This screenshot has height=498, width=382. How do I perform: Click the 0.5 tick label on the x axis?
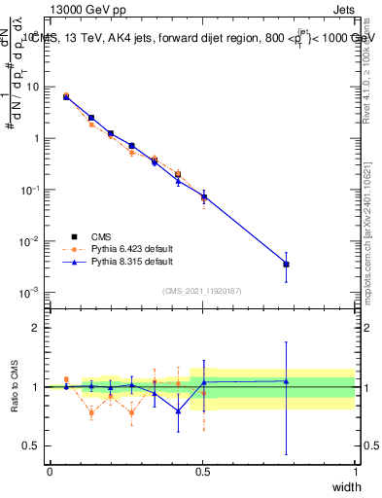pyautogui.click(x=202, y=471)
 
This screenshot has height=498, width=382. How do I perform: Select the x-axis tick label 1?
pyautogui.click(x=355, y=471)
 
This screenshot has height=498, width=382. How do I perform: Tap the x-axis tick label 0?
pyautogui.click(x=50, y=471)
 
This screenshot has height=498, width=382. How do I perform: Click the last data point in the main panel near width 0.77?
pyautogui.click(x=286, y=264)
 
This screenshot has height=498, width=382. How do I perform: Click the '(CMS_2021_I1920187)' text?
pyautogui.click(x=200, y=289)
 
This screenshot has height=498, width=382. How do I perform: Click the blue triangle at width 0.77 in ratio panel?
pyautogui.click(x=286, y=381)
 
